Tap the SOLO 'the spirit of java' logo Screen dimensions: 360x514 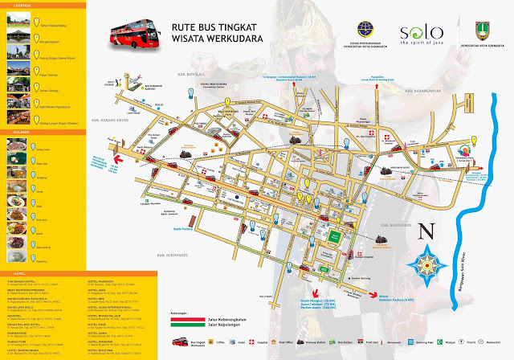click(421, 34)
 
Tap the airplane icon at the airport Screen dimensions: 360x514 click(126, 80)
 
